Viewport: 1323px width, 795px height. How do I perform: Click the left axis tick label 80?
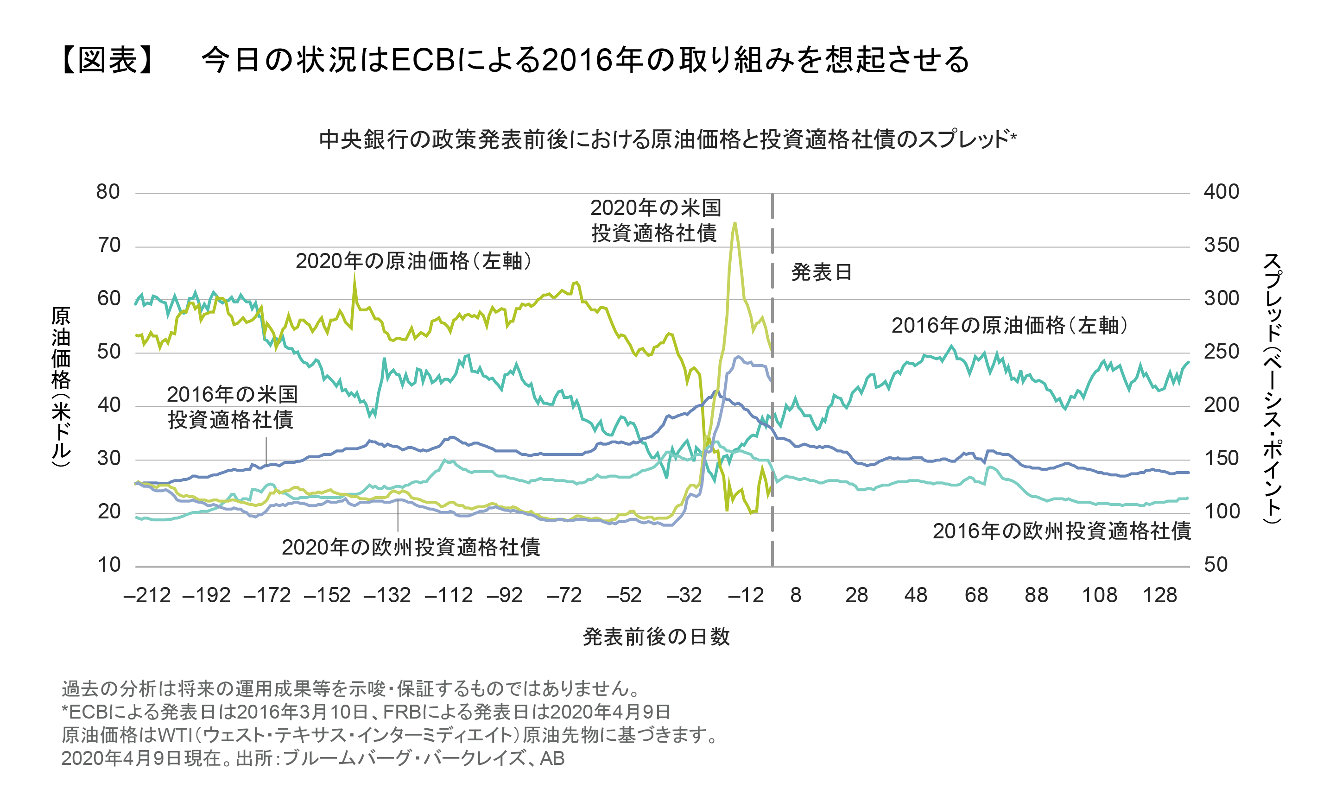pyautogui.click(x=108, y=192)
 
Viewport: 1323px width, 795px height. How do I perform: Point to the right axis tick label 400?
pyautogui.click(x=1221, y=192)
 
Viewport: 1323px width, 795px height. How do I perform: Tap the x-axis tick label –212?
pyautogui.click(x=147, y=595)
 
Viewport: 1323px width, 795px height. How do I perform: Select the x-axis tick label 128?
pyautogui.click(x=1159, y=595)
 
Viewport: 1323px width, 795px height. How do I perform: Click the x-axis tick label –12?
pyautogui.click(x=745, y=595)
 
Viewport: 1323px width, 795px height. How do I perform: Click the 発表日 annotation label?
pyautogui.click(x=821, y=272)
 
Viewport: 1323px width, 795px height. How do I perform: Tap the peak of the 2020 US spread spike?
pyautogui.click(x=734, y=223)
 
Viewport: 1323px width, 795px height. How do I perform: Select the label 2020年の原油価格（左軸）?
pyautogui.click(x=413, y=261)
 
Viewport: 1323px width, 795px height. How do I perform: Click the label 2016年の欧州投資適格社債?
pyautogui.click(x=1061, y=531)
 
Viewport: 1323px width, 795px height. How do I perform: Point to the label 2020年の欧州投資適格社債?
pyautogui.click(x=411, y=547)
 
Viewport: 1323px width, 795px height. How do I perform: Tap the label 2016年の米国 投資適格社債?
pyautogui.click(x=232, y=407)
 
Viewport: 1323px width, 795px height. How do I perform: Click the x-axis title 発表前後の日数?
pyautogui.click(x=656, y=637)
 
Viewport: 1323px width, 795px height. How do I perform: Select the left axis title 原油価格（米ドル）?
pyautogui.click(x=61, y=386)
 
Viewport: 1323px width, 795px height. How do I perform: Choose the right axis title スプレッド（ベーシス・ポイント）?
pyautogui.click(x=1272, y=388)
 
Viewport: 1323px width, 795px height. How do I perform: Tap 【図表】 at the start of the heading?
pyautogui.click(x=108, y=59)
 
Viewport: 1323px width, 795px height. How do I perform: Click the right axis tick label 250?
pyautogui.click(x=1221, y=352)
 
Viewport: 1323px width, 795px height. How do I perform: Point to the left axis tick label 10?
pyautogui.click(x=109, y=565)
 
